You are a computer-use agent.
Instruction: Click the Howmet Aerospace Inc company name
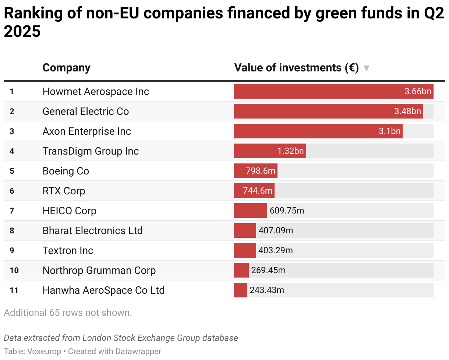(96, 91)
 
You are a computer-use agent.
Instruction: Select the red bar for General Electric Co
(313, 111)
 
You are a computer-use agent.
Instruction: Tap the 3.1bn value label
(389, 131)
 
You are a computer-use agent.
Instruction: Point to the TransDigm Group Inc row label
(91, 151)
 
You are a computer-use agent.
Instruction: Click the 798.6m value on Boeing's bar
(261, 171)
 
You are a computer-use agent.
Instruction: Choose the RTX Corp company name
(64, 191)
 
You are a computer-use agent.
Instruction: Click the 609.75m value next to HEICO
(287, 211)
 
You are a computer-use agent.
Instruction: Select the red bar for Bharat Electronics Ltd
(245, 230)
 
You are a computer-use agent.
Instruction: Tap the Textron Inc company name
(68, 250)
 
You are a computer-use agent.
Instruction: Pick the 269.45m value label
(268, 270)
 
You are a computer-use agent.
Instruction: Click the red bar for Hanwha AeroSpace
(240, 290)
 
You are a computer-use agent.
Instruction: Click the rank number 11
(14, 290)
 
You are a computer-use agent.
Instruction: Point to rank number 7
(12, 211)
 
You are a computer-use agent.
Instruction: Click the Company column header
(66, 68)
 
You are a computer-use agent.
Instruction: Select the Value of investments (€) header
(296, 68)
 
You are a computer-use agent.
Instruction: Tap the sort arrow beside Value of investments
(366, 68)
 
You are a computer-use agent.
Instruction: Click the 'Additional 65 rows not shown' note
(68, 313)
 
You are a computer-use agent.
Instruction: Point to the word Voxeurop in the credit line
(44, 351)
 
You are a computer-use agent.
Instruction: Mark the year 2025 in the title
(22, 32)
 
